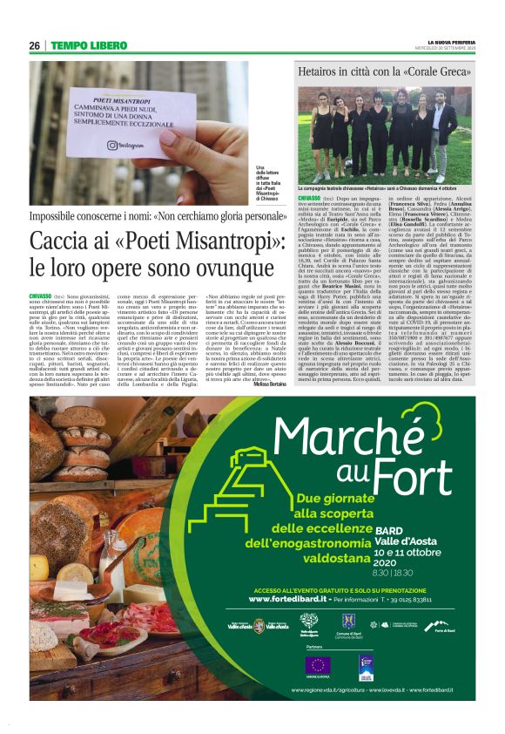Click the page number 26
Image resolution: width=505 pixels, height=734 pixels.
[x=36, y=45]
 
